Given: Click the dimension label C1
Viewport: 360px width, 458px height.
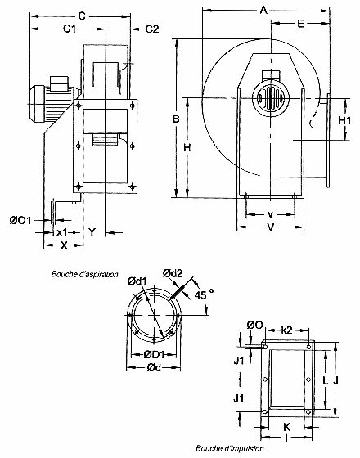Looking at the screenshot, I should pos(70,30).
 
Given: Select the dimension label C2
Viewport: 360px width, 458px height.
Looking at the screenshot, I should pos(151,30).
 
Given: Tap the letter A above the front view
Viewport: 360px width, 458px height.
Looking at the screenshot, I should pos(263,10).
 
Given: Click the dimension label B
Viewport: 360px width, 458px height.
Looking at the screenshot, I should pos(174,119).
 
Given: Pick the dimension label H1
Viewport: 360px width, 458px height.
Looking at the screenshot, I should pos(345,120).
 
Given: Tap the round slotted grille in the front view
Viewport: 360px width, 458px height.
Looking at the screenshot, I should pos(270,102).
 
